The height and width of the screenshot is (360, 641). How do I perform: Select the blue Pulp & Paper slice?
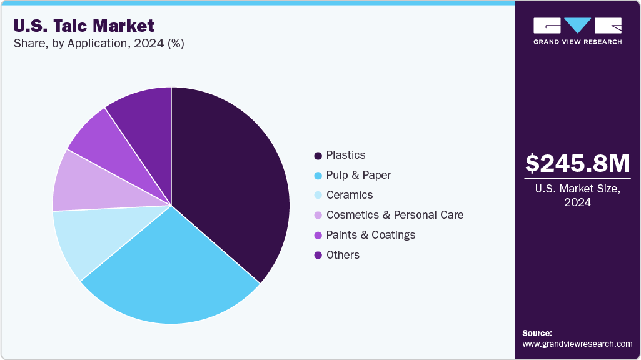pyautogui.click(x=175, y=275)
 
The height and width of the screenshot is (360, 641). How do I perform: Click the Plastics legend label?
pyautogui.click(x=346, y=155)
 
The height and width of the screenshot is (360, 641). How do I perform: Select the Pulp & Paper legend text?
pyautogui.click(x=358, y=175)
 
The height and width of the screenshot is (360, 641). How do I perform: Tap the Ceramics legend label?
pyautogui.click(x=350, y=195)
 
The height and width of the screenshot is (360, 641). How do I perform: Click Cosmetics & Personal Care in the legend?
pyautogui.click(x=395, y=215)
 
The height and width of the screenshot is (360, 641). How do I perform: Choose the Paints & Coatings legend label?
pyautogui.click(x=371, y=235)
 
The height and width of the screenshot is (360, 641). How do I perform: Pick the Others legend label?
pyautogui.click(x=343, y=255)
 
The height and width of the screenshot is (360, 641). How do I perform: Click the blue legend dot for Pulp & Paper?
pyautogui.click(x=318, y=176)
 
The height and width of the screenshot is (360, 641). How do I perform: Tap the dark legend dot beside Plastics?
pyautogui.click(x=318, y=156)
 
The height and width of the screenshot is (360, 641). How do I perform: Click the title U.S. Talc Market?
pyautogui.click(x=83, y=26)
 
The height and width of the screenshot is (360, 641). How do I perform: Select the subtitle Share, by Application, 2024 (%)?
pyautogui.click(x=98, y=44)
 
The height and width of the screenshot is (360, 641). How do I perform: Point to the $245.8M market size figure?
pyautogui.click(x=577, y=164)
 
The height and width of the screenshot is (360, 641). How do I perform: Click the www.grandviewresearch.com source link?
pyautogui.click(x=577, y=344)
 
